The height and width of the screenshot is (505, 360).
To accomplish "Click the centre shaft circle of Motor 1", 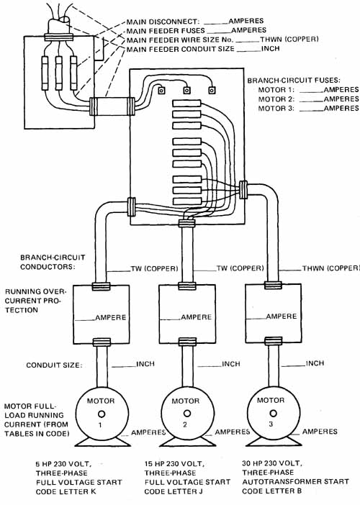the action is click(x=101, y=414).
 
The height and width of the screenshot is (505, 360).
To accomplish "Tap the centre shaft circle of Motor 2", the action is click(x=186, y=414).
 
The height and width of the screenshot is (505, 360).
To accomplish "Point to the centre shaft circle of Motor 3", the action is click(x=273, y=413).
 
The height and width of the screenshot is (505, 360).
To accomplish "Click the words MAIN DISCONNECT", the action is click(x=161, y=22).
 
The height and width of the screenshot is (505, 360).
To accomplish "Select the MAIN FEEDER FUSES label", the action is click(x=166, y=31).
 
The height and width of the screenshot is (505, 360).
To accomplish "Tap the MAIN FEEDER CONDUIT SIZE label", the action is click(x=181, y=49).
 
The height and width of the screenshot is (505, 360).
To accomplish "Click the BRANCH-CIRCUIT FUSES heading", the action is click(x=294, y=80).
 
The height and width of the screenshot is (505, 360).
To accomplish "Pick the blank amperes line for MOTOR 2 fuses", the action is click(x=311, y=101).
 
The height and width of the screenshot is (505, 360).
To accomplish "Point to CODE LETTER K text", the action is click(x=66, y=492).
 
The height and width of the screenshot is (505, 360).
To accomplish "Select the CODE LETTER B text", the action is click(x=271, y=491).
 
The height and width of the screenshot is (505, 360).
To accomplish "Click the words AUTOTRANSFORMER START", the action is click(x=295, y=481).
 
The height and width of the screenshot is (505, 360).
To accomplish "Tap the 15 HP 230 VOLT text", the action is click(x=174, y=464).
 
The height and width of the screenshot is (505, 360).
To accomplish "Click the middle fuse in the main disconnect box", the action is click(x=58, y=73).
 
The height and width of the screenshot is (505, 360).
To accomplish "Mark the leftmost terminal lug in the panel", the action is click(x=161, y=90).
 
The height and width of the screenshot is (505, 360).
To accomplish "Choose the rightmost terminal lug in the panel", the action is click(x=212, y=90).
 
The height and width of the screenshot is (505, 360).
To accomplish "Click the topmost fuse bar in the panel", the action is click(x=187, y=104).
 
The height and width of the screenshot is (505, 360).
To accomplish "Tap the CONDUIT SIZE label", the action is click(x=54, y=365).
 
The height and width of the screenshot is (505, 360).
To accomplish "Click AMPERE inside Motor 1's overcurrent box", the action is click(x=111, y=317).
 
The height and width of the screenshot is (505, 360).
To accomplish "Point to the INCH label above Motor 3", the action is click(x=315, y=363).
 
